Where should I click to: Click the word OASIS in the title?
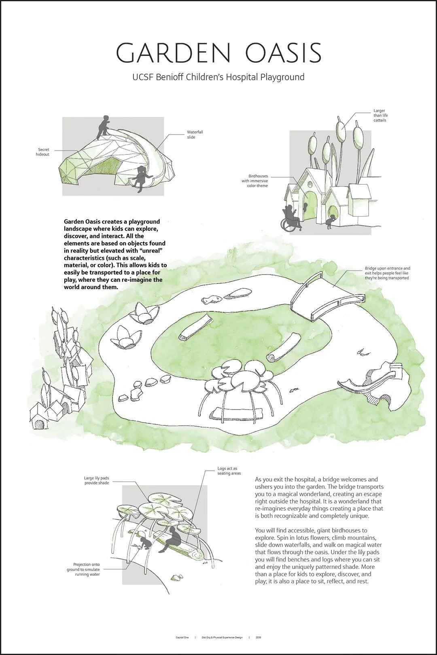(x=283, y=53)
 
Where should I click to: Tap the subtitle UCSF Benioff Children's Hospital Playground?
(x=218, y=77)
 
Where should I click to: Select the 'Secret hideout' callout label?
(x=42, y=152)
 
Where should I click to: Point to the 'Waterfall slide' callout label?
(x=195, y=135)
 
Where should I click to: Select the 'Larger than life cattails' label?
(x=380, y=115)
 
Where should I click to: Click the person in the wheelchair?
(x=291, y=218)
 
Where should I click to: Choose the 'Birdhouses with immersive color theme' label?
(x=256, y=181)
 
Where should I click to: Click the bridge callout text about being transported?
(x=387, y=273)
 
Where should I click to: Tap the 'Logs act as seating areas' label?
(x=229, y=471)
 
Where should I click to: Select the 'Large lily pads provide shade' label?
(x=96, y=480)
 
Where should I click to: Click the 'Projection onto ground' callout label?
(x=84, y=569)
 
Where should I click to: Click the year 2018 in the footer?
(x=258, y=638)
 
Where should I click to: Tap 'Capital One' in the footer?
(x=182, y=638)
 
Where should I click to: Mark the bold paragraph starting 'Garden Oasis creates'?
(x=115, y=254)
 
